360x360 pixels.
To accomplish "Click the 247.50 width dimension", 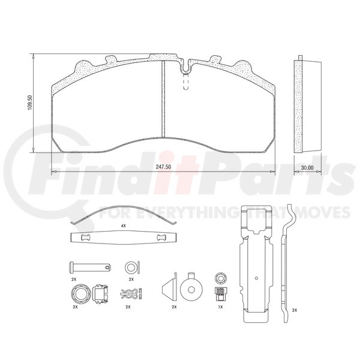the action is (x=163, y=167).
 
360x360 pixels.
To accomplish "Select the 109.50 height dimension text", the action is (x=30, y=102).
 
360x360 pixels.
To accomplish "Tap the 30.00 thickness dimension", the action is (x=307, y=168).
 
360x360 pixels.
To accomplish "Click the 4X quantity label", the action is (x=124, y=226).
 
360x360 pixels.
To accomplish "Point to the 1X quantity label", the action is (x=220, y=307).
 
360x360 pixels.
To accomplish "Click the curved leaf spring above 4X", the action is (x=124, y=208).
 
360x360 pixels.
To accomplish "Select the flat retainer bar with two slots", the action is (x=124, y=238).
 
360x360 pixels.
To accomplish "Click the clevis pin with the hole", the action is (x=90, y=267).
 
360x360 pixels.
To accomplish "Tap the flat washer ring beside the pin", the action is (x=130, y=267).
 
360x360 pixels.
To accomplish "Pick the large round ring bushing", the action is (x=81, y=294).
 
